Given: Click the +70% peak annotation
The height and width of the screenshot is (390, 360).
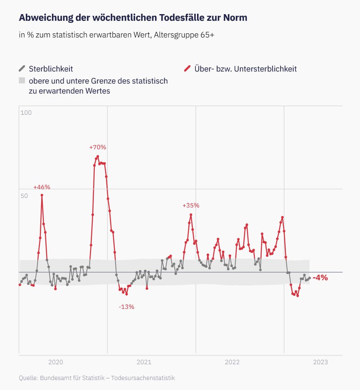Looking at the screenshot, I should (x=98, y=147).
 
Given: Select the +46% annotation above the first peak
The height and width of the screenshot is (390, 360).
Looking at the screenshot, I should (x=42, y=187).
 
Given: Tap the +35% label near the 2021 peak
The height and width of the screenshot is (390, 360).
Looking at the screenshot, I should (x=191, y=205).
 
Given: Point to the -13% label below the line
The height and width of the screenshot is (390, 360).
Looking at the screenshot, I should (x=126, y=307).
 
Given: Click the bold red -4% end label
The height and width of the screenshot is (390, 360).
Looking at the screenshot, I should (x=320, y=278).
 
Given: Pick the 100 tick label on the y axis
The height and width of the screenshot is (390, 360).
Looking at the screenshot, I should (x=26, y=113).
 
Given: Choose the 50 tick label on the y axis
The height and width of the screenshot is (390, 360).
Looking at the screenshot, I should (x=25, y=195).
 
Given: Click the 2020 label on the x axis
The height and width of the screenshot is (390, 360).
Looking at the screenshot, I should (x=56, y=362).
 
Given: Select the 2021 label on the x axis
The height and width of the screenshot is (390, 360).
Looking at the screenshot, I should (x=144, y=362).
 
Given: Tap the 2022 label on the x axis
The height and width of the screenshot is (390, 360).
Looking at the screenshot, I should (x=232, y=362).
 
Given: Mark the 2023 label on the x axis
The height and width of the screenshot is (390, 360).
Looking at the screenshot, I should (x=320, y=362).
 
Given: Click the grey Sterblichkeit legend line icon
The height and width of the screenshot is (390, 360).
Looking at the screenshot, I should (x=22, y=69).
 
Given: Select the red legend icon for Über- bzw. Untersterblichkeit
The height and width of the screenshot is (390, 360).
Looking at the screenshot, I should (x=187, y=69).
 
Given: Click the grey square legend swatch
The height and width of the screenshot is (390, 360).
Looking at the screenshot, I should (x=22, y=81).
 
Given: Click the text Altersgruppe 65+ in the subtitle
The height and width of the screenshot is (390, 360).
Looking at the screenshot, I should (x=184, y=35).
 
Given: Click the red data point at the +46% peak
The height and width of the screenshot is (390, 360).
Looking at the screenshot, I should (x=42, y=195).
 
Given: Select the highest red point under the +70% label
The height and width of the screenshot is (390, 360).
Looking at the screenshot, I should (x=98, y=157).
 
